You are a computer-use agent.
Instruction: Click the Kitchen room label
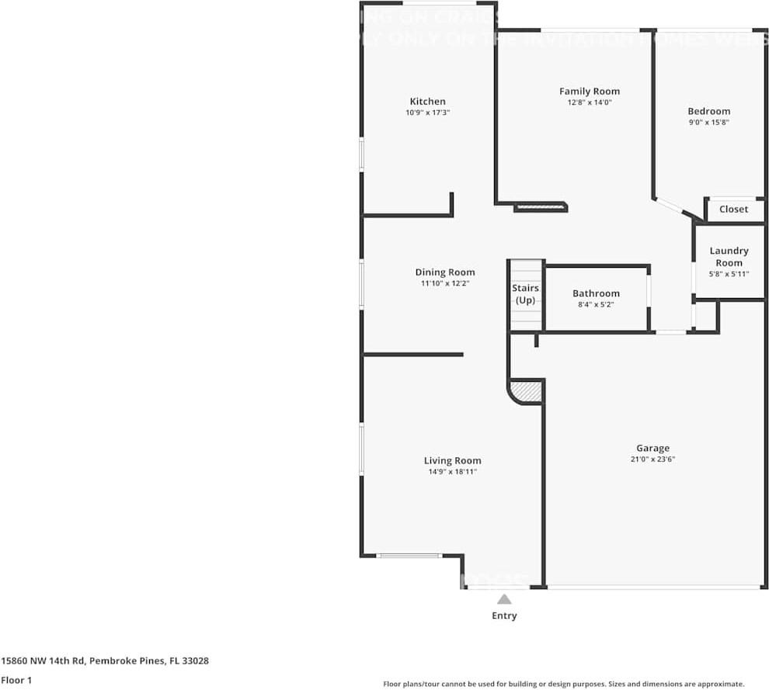click(428, 101)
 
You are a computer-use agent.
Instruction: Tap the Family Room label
click(590, 91)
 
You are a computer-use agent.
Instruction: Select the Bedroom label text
click(708, 111)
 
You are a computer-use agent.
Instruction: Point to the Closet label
click(733, 209)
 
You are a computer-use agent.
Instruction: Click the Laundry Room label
click(729, 256)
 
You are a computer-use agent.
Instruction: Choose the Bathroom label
click(596, 293)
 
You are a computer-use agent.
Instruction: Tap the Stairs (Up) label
click(526, 294)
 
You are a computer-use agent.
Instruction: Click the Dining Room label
click(445, 272)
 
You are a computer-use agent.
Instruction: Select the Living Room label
click(452, 460)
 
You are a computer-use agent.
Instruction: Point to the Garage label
click(652, 448)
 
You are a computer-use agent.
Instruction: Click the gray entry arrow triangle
click(504, 599)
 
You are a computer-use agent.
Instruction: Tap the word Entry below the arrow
click(504, 615)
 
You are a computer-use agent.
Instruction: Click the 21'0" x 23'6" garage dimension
click(652, 459)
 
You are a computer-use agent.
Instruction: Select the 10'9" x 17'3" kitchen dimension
click(428, 113)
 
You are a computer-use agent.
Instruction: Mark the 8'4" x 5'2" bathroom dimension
click(596, 305)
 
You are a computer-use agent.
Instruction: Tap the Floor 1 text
click(17, 680)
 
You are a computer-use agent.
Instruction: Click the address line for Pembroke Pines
click(105, 661)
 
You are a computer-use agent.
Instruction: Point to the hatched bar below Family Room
click(541, 207)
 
